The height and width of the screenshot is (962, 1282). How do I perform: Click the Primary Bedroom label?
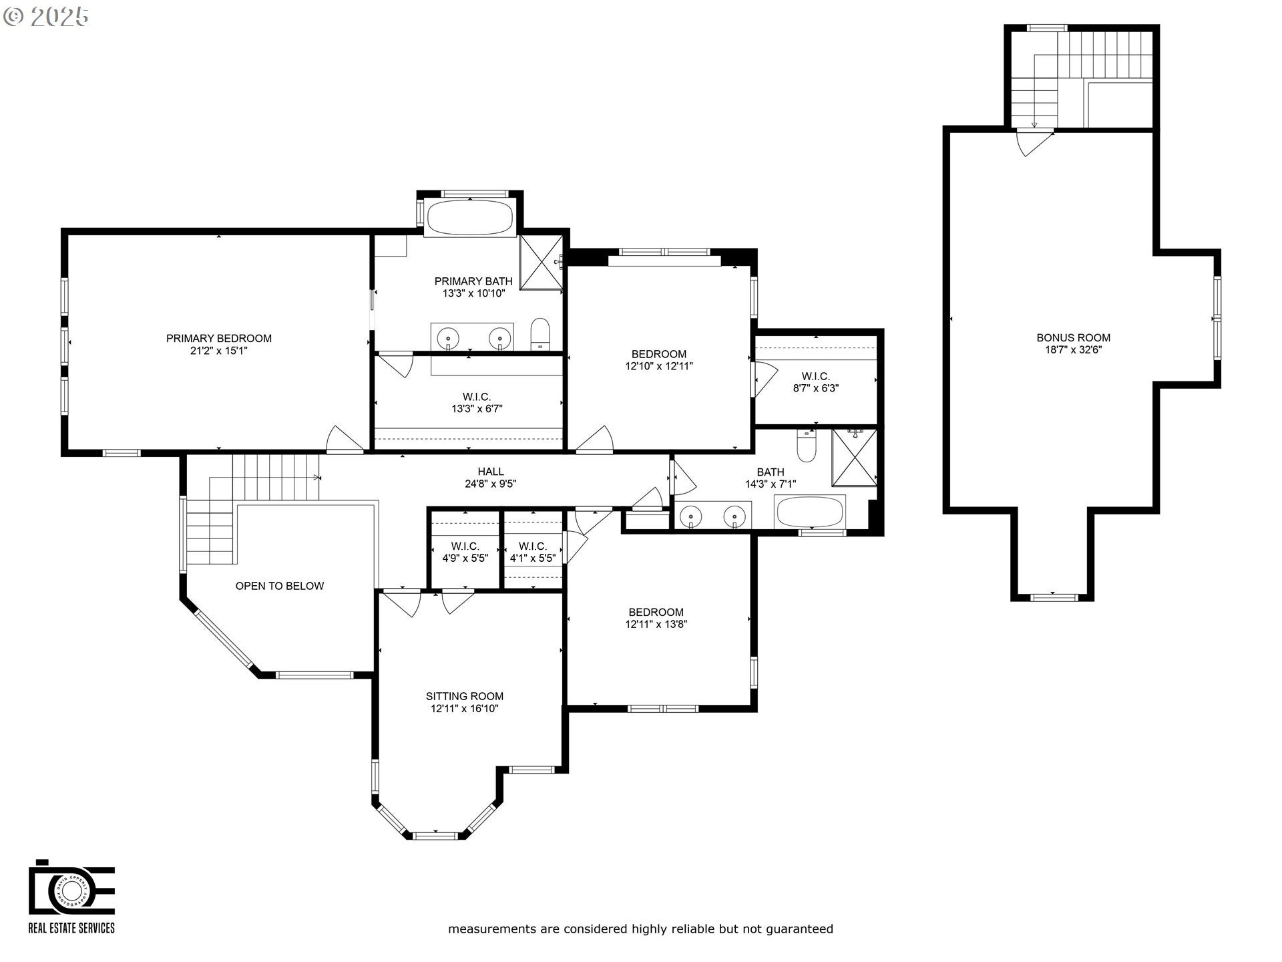(218, 339)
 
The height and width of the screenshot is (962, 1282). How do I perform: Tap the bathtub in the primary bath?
(469, 217)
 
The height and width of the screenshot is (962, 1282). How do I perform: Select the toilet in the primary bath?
(540, 333)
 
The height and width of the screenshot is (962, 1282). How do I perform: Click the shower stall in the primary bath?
(541, 263)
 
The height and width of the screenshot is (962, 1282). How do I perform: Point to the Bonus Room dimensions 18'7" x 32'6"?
(1073, 349)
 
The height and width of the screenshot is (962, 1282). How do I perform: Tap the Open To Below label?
(279, 586)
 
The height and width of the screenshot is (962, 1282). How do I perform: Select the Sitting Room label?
(464, 696)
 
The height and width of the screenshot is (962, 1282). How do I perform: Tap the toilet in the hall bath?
(807, 446)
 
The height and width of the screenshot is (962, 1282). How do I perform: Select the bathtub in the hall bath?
(809, 512)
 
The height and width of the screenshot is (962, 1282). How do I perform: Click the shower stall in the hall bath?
(854, 458)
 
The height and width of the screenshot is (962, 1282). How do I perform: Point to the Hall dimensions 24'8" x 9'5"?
(491, 484)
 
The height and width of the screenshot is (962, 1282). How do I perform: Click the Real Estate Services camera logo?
(71, 888)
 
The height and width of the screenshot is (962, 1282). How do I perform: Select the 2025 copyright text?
(47, 17)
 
